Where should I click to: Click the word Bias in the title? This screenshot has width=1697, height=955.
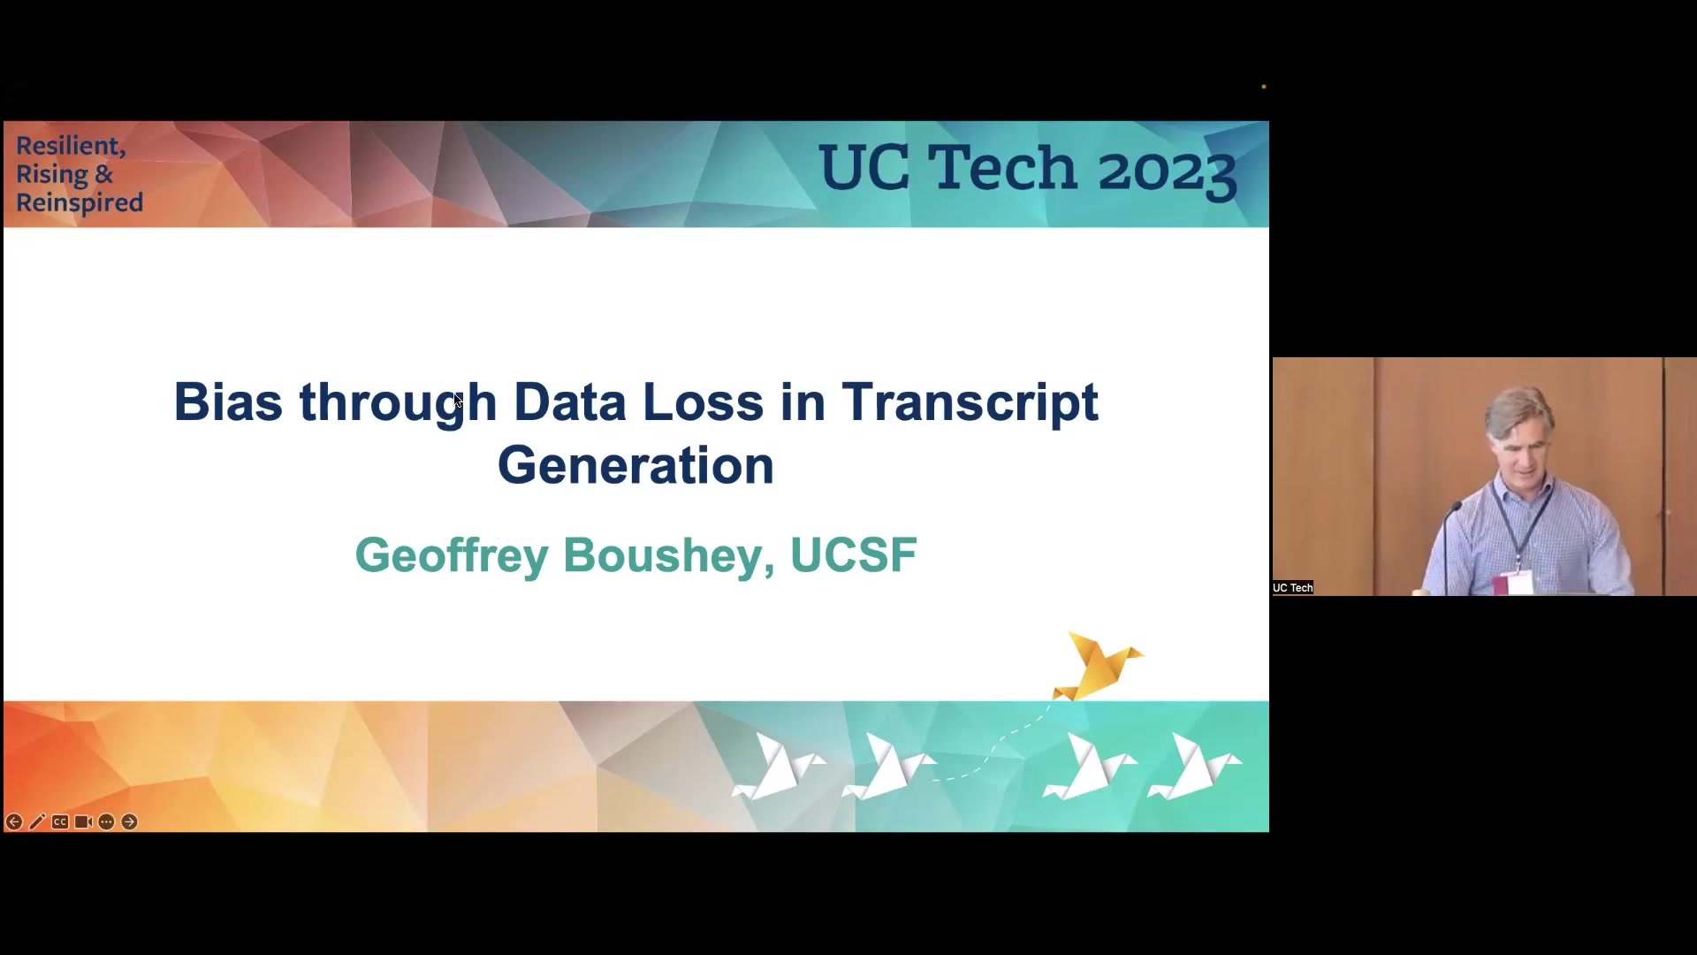click(x=228, y=401)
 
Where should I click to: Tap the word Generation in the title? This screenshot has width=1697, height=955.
click(x=635, y=465)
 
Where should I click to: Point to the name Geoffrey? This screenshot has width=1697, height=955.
click(x=451, y=556)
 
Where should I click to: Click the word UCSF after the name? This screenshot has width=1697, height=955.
click(x=853, y=555)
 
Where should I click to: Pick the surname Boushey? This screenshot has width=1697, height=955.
click(x=669, y=556)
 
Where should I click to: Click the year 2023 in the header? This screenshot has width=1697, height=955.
click(x=1167, y=169)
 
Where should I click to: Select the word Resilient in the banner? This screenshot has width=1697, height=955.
click(x=71, y=146)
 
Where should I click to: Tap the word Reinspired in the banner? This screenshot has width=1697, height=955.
click(x=80, y=202)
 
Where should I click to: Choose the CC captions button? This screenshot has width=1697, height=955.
click(x=60, y=822)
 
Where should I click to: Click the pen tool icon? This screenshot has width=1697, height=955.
click(x=37, y=822)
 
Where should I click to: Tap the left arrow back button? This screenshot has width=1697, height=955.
click(x=14, y=822)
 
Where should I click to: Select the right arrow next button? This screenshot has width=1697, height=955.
click(x=129, y=822)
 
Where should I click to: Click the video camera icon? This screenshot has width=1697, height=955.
click(x=83, y=822)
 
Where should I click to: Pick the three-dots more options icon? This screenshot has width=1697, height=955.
click(x=106, y=822)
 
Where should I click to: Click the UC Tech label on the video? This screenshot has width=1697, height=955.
click(x=1293, y=588)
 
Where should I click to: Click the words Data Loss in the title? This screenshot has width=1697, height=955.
click(x=638, y=401)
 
